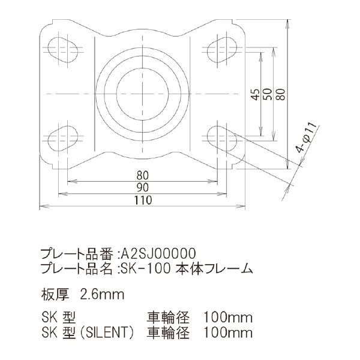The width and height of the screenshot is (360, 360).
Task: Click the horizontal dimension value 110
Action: click(142, 202)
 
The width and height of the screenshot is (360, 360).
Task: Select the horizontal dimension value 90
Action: click(142, 188)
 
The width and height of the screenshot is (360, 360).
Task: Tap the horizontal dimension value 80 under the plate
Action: click(142, 176)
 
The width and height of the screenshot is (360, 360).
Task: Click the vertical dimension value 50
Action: click(268, 94)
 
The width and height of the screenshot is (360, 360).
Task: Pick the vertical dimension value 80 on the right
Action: click(280, 94)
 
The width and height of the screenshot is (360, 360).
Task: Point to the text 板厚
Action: click(54, 294)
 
